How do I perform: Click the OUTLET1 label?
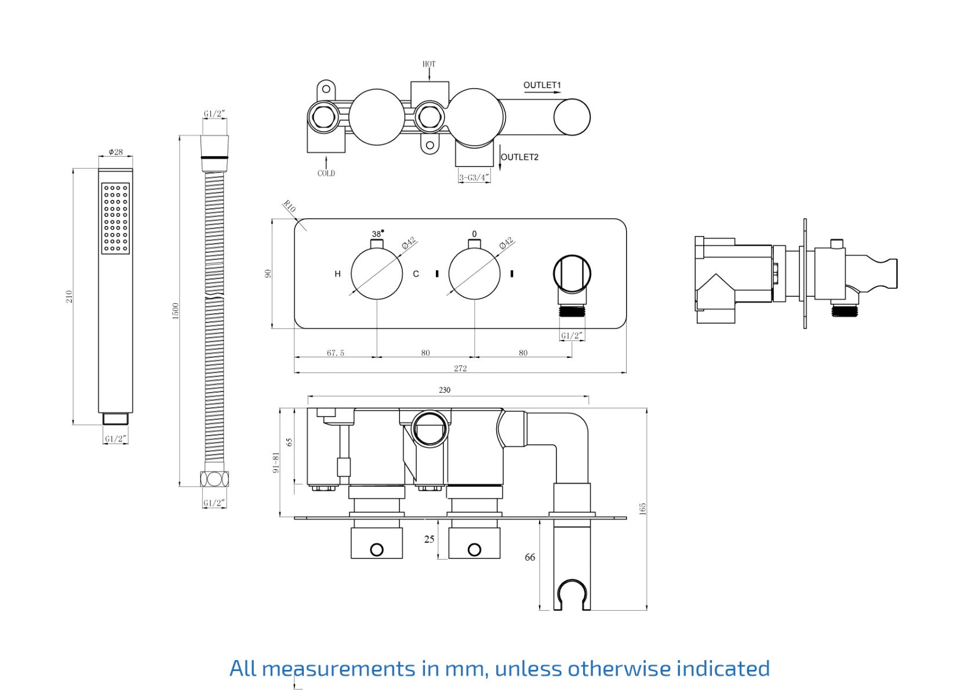pos(542,85)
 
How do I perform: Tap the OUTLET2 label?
pos(519,157)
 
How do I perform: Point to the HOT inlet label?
pos(429,64)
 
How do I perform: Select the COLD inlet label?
pos(326,173)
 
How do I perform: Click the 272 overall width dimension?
pos(460,368)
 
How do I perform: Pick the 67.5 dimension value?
pos(336,353)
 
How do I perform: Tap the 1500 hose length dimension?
pos(176,310)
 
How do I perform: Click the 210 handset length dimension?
pos(70,296)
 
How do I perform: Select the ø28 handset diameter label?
pos(116,152)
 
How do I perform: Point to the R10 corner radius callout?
pos(289,206)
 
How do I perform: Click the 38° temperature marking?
pos(377,234)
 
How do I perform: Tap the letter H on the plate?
pos(337,274)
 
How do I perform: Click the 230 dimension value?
pos(445,390)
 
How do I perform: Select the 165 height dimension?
pos(642,509)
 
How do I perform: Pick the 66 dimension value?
pos(530,557)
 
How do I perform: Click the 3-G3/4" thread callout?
pos(474,177)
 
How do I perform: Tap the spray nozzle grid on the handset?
pos(115,218)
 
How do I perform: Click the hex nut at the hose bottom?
pos(214,479)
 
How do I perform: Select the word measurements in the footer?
pos(339,669)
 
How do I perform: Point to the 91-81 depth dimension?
pos(276,462)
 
